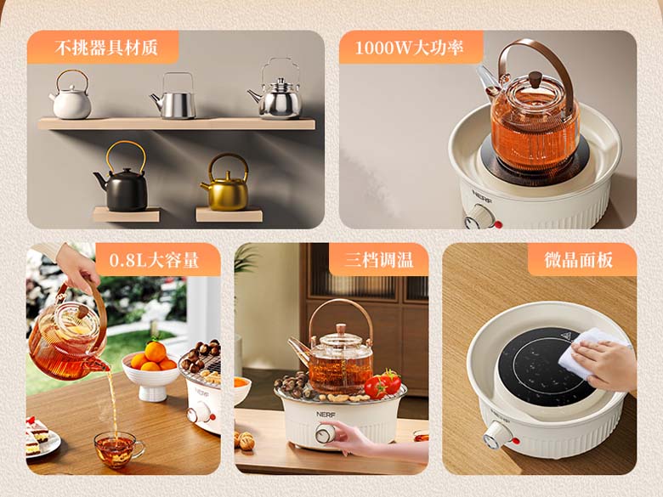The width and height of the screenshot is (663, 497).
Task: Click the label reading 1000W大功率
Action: click(410, 48)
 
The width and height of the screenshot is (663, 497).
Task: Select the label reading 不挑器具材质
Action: click(106, 48)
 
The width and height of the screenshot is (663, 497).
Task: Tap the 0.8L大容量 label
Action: click(154, 260)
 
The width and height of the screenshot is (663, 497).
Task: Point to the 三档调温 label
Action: click(378, 259)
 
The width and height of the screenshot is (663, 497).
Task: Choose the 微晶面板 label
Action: click(579, 260)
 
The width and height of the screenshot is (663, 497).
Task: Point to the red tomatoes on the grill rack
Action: click(383, 384)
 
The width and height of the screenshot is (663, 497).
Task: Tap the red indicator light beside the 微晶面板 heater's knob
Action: click(515, 441)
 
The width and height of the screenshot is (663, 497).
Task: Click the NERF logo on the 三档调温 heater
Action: click(326, 415)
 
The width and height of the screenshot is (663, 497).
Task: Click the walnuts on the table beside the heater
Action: click(245, 440)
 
